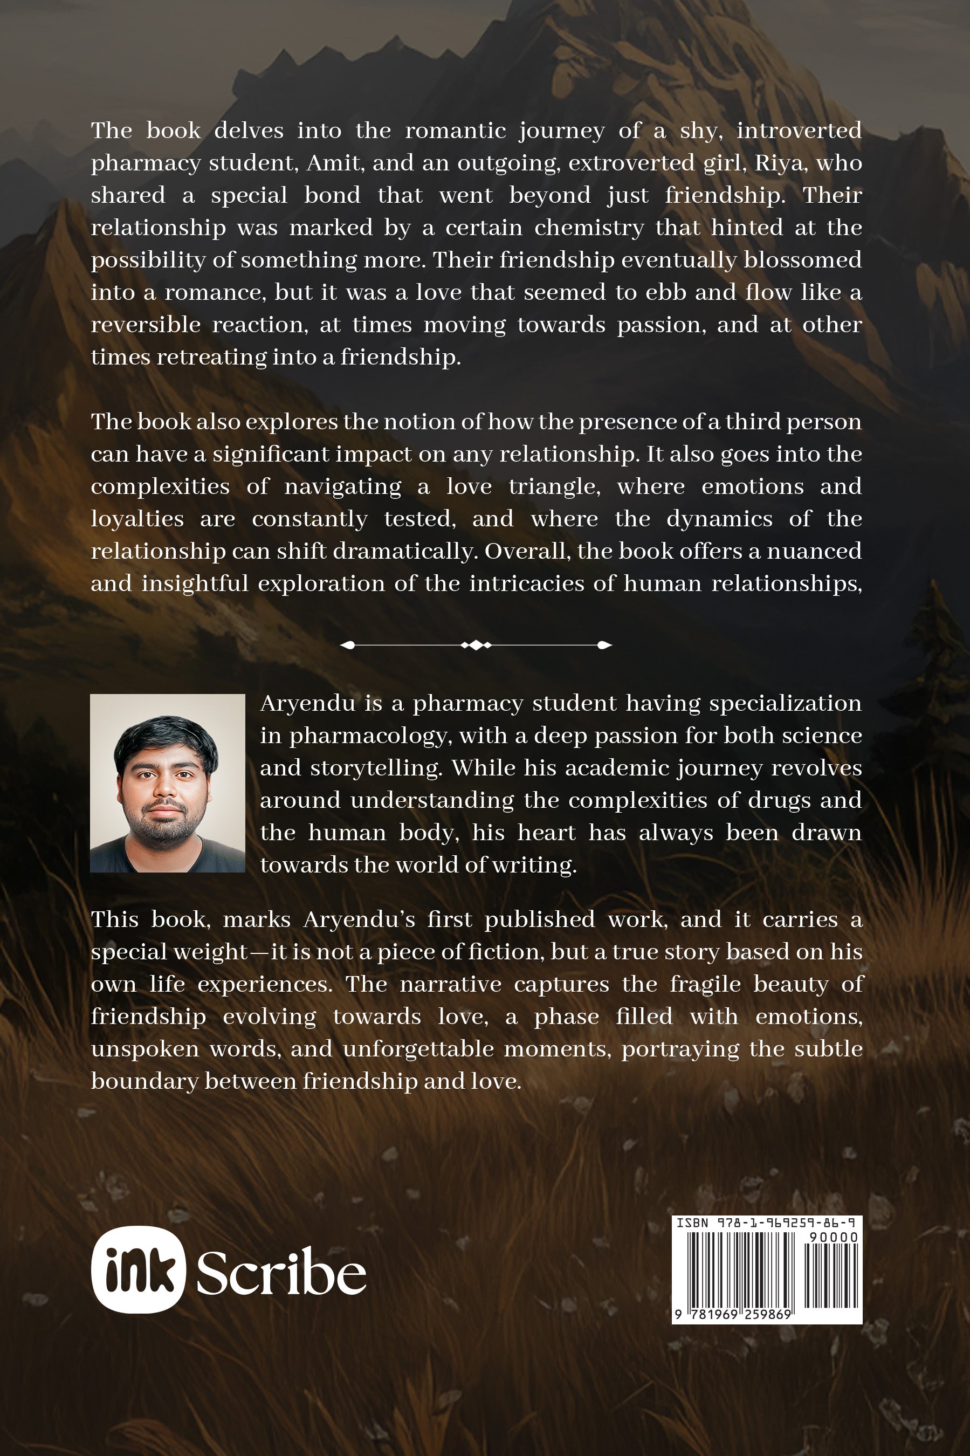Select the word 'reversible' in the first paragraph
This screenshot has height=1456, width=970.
146,325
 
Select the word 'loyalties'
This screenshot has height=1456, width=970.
137,519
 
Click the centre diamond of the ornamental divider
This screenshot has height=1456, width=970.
476,645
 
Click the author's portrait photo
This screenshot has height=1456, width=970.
168,783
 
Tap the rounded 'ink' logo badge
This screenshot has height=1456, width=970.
138,1269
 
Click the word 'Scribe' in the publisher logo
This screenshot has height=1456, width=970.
281,1273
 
